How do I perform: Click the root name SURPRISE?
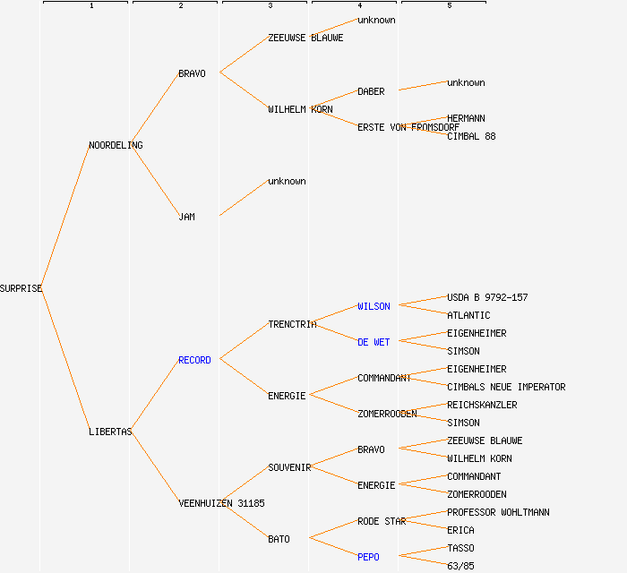[21, 288]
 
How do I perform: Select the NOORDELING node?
[116, 145]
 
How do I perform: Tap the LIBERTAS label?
[110, 432]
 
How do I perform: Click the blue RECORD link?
[194, 360]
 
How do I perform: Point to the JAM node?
[186, 217]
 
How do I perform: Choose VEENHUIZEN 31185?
[221, 503]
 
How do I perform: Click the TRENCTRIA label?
[292, 324]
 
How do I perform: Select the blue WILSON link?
[374, 306]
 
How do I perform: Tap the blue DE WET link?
[374, 342]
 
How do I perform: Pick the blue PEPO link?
[368, 557]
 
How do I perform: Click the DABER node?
[371, 91]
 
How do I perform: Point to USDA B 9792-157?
[487, 297]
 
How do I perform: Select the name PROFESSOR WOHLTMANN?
[498, 512]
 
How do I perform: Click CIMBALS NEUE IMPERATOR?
[506, 387]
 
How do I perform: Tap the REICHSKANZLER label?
[482, 405]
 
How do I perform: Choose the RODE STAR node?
[382, 521]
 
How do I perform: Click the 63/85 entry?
[460, 566]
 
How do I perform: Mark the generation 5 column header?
[449, 5]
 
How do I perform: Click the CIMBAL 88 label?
[471, 136]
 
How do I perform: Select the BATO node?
[279, 539]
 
